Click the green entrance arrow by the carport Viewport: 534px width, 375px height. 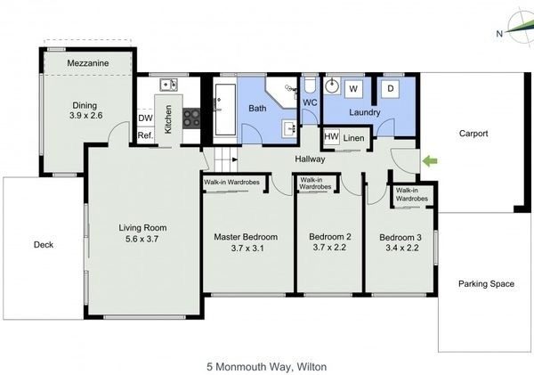pyautogui.click(x=430, y=161)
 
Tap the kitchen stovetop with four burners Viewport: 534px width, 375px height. pyautogui.click(x=191, y=118)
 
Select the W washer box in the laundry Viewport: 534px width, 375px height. pyautogui.click(x=353, y=89)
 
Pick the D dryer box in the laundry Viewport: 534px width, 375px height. pyautogui.click(x=391, y=89)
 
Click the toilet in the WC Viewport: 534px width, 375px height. pyautogui.click(x=310, y=86)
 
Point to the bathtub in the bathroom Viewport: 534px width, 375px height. pyautogui.click(x=225, y=110)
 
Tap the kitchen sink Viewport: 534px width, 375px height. pyautogui.click(x=168, y=85)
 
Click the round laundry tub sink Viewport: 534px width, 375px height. pyautogui.click(x=332, y=86)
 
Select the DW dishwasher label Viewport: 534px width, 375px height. pyautogui.click(x=145, y=118)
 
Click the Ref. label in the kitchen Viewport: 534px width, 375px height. pyautogui.click(x=145, y=135)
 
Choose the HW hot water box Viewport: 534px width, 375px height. pyautogui.click(x=331, y=136)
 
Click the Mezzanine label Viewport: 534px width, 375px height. pyautogui.click(x=88, y=63)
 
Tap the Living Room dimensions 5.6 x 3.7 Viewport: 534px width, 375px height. pyautogui.click(x=142, y=239)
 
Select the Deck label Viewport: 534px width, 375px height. pyautogui.click(x=44, y=244)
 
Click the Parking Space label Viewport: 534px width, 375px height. pyautogui.click(x=486, y=284)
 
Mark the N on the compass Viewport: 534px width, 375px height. pyautogui.click(x=499, y=34)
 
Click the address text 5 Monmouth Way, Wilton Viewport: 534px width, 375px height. pyautogui.click(x=267, y=367)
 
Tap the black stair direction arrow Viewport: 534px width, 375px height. pyautogui.click(x=235, y=159)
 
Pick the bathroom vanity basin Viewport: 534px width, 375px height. pyautogui.click(x=290, y=128)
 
